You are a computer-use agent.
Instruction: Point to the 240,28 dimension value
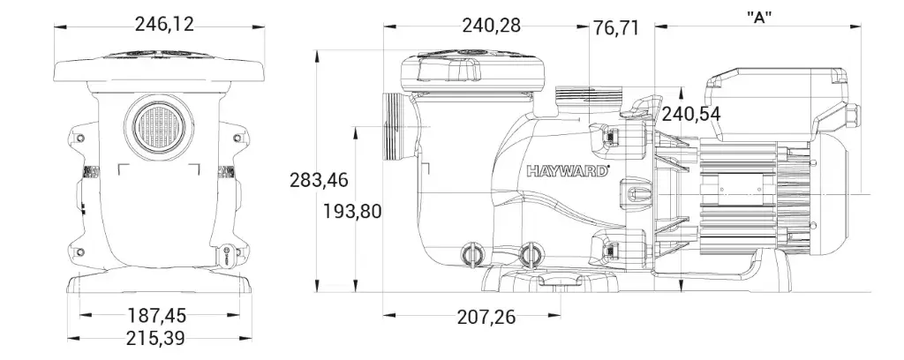point(491,26)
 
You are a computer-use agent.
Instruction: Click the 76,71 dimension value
point(616,28)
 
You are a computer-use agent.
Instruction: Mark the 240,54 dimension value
point(691,114)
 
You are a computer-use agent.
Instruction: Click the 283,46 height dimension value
point(319,180)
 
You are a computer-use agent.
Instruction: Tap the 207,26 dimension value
point(486,316)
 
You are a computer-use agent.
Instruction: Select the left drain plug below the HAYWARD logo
point(471,254)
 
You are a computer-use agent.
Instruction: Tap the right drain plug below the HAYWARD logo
point(530,255)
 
